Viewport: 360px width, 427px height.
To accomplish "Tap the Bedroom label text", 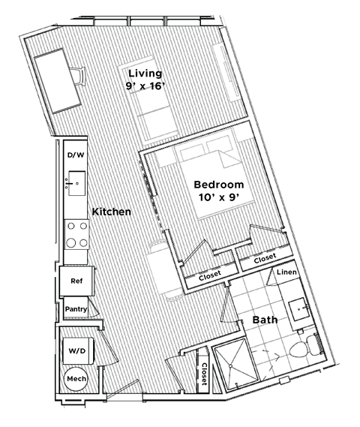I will [x=218, y=185].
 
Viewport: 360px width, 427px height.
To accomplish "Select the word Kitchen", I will [x=112, y=212].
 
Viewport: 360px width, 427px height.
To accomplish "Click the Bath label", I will [x=264, y=320].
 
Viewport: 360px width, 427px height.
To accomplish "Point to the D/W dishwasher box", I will [x=76, y=155].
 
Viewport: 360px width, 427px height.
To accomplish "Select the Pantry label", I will [x=76, y=308].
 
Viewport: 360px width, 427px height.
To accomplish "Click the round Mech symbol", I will [x=76, y=380].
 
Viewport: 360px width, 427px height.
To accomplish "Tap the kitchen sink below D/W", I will [x=76, y=180].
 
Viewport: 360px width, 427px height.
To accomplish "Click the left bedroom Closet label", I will [x=209, y=277].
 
